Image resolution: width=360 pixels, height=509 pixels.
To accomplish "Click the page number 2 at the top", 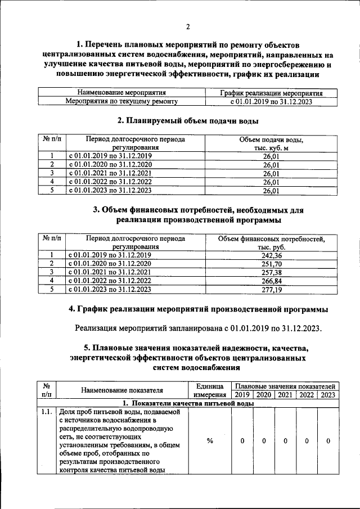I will coord(188,26).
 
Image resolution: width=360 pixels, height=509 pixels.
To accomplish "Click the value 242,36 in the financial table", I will coord(272,255).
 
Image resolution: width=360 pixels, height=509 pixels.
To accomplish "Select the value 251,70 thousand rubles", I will coord(272,263).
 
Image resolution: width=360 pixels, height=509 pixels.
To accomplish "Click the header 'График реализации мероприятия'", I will coord(272,93).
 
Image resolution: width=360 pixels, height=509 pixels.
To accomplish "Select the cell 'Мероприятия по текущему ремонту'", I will coord(121,101).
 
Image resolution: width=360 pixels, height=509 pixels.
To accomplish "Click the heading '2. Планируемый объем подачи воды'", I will coord(188,120).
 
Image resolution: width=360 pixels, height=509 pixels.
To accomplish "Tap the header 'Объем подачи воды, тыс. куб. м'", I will coord(272,143).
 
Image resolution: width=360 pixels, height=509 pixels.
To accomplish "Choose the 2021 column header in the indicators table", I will coord(285,395).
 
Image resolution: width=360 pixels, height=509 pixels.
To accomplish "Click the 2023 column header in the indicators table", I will coord(328,395).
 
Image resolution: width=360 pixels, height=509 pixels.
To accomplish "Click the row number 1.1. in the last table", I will coord(47,413).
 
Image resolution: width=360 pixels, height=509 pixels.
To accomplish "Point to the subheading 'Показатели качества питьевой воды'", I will coord(188,404).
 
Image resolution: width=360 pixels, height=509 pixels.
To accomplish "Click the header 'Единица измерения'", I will coord(209,390).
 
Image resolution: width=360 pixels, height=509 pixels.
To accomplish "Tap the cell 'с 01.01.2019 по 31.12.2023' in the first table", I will coord(272,101).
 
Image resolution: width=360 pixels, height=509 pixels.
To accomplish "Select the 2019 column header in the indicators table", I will coord(242,395).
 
